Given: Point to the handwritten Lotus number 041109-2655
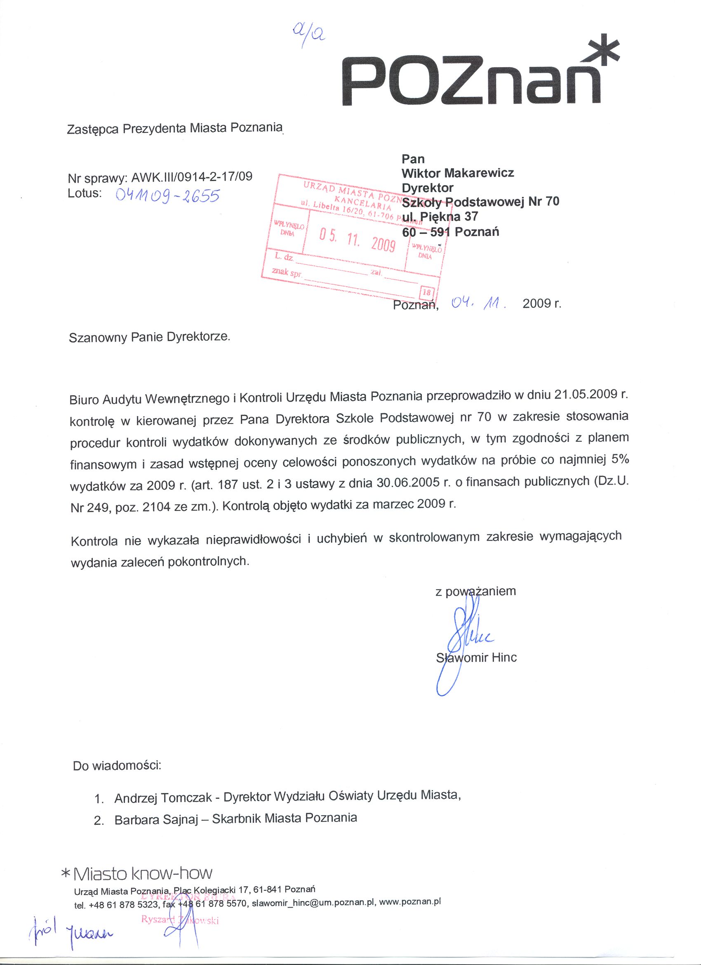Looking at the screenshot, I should tap(167, 196).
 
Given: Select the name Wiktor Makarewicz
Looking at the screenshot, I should tap(458, 173).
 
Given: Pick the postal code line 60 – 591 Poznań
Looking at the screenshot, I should tap(450, 232).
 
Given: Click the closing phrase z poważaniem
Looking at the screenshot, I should tap(475, 591).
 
